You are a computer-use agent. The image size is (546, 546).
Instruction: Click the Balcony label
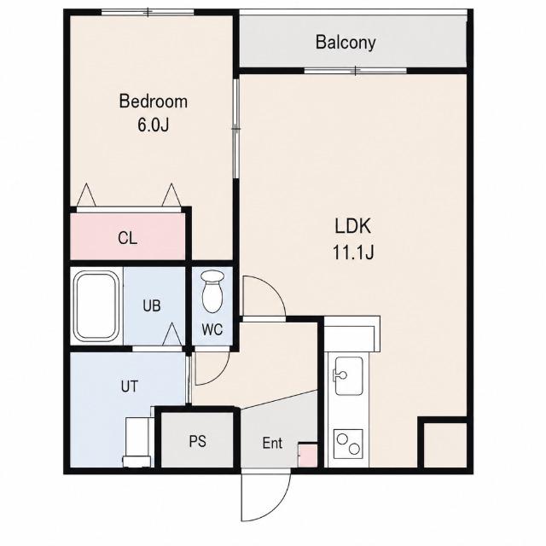[x=346, y=43]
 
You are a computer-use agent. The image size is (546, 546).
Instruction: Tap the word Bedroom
[x=154, y=102]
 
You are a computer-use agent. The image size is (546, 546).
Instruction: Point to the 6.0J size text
[x=154, y=125]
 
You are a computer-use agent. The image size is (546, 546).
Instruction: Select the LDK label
[x=352, y=226]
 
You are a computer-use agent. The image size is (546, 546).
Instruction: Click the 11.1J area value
[x=353, y=253]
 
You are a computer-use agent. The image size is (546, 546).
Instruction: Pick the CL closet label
[x=127, y=239]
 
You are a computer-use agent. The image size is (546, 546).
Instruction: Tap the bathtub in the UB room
[x=96, y=306]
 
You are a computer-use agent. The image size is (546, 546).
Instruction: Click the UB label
[x=152, y=305]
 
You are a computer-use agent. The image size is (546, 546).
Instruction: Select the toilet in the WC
[x=212, y=292]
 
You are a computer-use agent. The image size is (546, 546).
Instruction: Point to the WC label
[x=212, y=329]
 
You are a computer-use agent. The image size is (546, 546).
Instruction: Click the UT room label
[x=129, y=386]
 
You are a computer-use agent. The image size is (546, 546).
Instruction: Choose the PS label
[x=197, y=442]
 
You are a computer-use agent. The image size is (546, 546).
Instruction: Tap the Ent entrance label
[x=272, y=443]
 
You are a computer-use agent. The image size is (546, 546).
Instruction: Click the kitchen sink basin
[x=348, y=376]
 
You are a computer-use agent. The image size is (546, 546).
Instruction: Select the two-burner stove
[x=348, y=444]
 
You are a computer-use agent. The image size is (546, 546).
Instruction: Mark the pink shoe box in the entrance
[x=307, y=455]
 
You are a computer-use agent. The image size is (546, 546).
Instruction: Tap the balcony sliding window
[x=355, y=71]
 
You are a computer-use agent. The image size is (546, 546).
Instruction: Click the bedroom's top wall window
[x=148, y=12]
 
